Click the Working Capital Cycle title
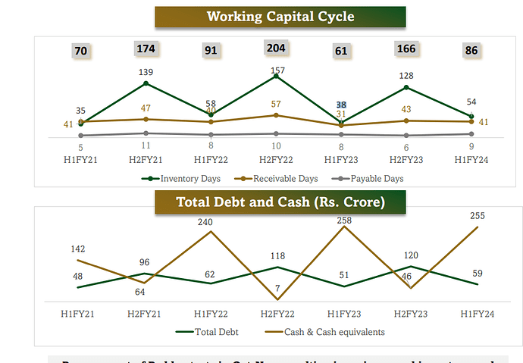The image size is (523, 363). click(x=280, y=17)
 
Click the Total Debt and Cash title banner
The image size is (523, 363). click(x=280, y=202)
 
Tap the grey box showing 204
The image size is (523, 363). click(x=276, y=48)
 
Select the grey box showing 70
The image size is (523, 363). click(x=80, y=51)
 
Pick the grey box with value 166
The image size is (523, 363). click(x=406, y=49)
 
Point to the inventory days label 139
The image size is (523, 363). click(x=146, y=71)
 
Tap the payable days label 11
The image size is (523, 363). click(x=146, y=145)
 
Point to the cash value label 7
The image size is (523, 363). click(x=277, y=289)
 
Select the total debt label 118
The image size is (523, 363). click(x=277, y=256)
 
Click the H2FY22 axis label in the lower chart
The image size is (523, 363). click(x=277, y=312)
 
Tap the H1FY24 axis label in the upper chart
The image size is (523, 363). click(x=471, y=159)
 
